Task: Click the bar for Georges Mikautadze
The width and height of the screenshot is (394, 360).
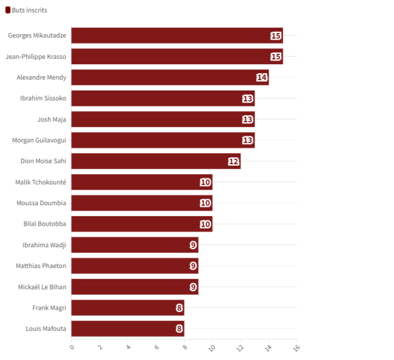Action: [177, 35]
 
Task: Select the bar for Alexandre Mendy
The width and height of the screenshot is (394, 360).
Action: [170, 77]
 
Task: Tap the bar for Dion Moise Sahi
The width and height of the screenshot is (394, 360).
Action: [156, 161]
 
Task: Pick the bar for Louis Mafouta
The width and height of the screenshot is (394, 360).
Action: [127, 328]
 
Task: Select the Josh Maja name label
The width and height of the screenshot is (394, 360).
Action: [52, 119]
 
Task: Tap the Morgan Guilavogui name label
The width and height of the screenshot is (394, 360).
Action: [39, 140]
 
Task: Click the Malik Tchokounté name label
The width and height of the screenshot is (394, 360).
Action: [41, 182]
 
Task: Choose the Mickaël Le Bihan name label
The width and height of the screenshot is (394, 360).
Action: [42, 287]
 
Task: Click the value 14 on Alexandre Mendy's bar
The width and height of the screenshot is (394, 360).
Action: [261, 77]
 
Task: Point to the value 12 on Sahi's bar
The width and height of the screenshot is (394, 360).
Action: [234, 161]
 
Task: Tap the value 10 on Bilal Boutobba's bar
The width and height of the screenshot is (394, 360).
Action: [205, 224]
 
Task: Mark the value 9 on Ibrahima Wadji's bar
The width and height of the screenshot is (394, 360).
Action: [193, 245]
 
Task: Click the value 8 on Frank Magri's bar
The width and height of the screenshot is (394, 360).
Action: [179, 308]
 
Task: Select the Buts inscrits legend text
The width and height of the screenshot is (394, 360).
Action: [29, 10]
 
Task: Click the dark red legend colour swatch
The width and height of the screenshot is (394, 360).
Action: [8, 10]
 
